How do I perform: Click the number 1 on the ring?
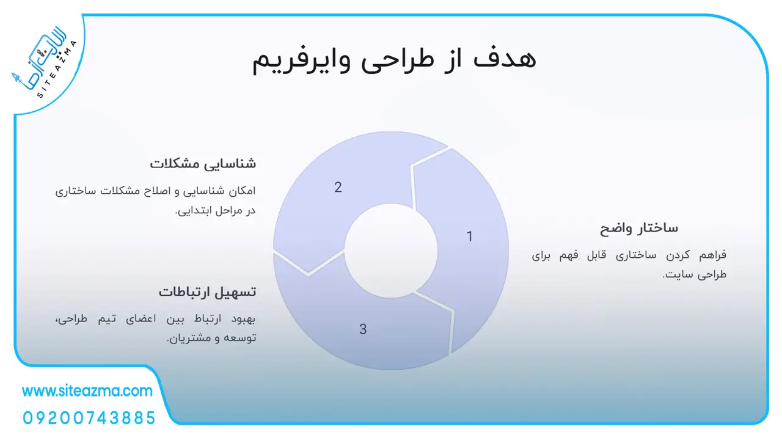point(470,237)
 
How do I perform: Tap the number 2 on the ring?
point(338,188)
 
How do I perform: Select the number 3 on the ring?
point(363,329)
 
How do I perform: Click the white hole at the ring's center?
point(391,251)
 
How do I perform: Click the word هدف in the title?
point(505,59)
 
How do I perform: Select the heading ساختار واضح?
point(639,229)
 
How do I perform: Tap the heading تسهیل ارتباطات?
point(207,292)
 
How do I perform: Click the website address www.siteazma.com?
point(87,391)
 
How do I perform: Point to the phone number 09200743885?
point(89,418)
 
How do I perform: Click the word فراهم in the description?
point(712,255)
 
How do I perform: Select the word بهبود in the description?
point(243,319)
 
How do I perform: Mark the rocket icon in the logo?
point(16,78)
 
